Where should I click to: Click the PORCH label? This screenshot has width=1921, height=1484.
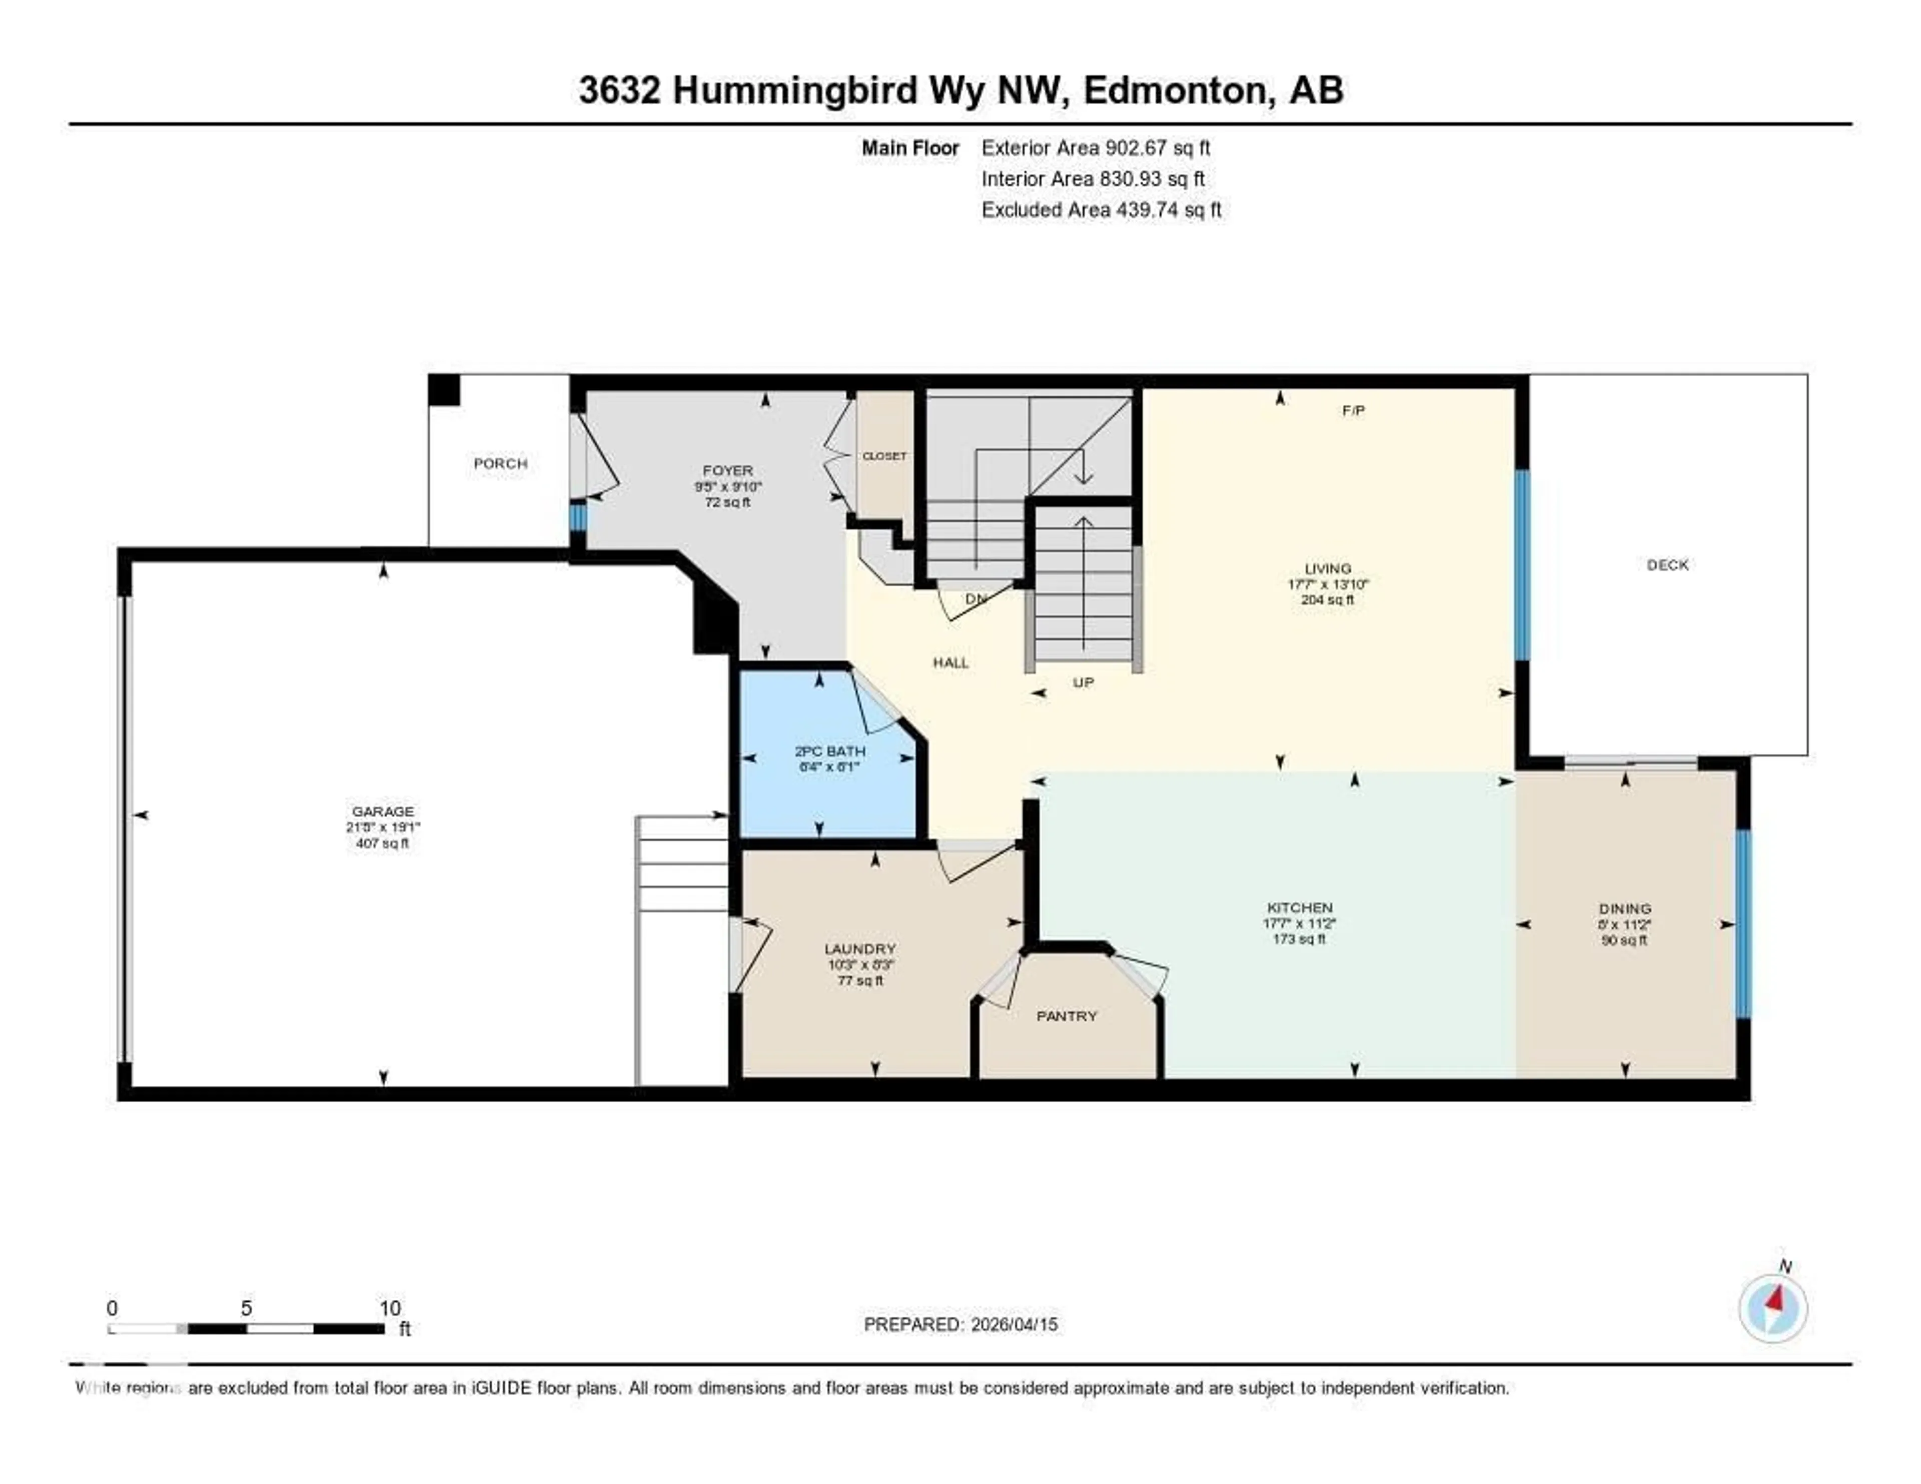point(500,464)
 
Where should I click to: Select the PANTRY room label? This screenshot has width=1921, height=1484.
point(1066,1016)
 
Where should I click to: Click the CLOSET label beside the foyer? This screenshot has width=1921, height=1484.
point(884,456)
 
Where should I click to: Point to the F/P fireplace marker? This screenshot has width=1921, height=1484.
point(1353,410)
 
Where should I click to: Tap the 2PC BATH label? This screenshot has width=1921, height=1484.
point(829,751)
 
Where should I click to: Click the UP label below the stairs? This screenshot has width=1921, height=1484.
point(1083,682)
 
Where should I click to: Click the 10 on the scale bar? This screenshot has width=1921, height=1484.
point(390,1308)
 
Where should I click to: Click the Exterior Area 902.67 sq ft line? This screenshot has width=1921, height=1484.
point(1095,148)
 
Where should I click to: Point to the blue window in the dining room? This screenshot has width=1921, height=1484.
point(1742,924)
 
